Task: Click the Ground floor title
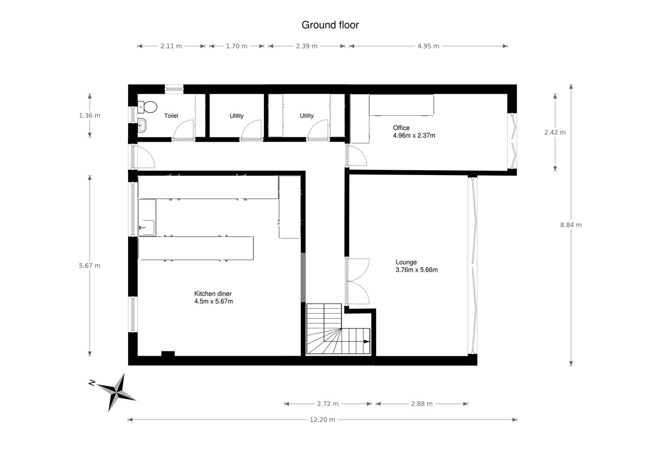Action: (x=330, y=25)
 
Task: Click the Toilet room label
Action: (x=171, y=116)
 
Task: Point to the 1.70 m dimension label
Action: (x=236, y=46)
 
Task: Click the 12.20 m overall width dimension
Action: (x=322, y=419)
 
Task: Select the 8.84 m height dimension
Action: (x=571, y=225)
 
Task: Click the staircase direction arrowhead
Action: (x=367, y=341)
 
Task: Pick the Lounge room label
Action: (x=406, y=262)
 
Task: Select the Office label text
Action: (x=401, y=128)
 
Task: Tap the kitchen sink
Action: (x=147, y=227)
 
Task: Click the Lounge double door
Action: (x=357, y=281)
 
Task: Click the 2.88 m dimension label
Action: (x=422, y=404)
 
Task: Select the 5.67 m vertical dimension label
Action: (x=90, y=266)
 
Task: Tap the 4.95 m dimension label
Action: (x=428, y=46)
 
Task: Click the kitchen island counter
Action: (x=196, y=248)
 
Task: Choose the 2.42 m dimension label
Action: (x=555, y=133)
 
